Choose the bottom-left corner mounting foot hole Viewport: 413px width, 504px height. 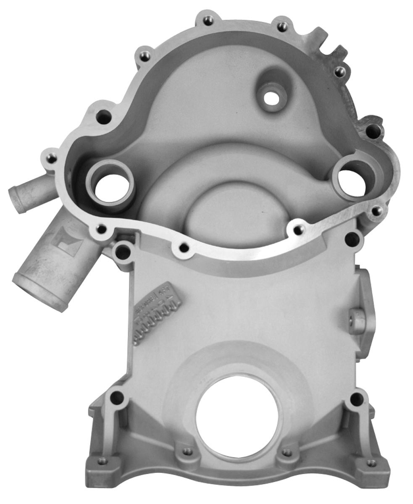tap(102, 461)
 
